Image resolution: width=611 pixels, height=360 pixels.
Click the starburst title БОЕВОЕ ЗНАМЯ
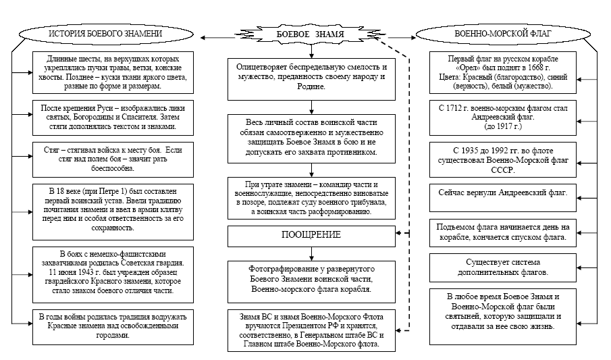click(x=311, y=34)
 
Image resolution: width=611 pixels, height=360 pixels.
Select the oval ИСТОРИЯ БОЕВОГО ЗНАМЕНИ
click(x=105, y=34)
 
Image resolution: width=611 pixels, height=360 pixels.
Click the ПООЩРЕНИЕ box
click(x=311, y=235)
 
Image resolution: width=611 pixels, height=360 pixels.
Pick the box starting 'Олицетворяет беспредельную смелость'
click(x=311, y=78)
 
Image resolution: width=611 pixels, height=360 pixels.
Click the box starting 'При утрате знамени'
click(x=311, y=197)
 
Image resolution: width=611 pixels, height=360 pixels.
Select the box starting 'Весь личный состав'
click(x=311, y=138)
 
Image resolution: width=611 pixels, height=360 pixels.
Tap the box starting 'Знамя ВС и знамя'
click(x=311, y=330)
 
